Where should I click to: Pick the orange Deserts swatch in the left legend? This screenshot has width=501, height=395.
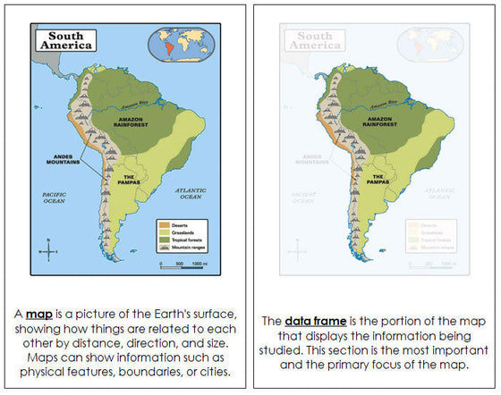click(x=164, y=223)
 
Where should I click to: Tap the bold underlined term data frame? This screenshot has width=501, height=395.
click(x=312, y=319)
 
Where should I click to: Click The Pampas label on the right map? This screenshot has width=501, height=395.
click(x=378, y=180)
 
